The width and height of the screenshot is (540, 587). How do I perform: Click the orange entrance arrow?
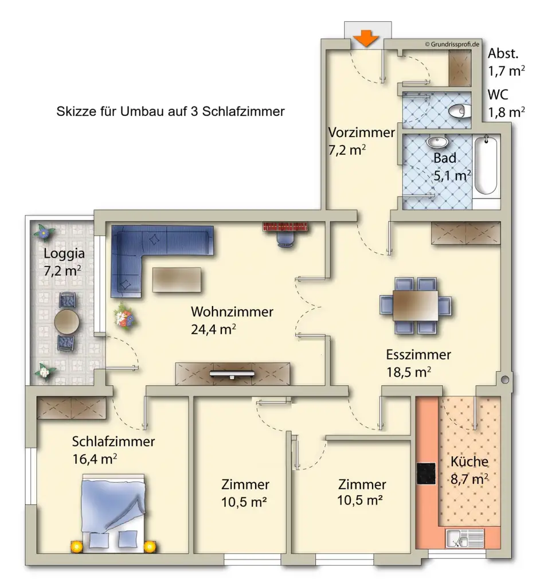366,38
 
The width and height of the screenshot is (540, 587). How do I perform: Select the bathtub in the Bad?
486,166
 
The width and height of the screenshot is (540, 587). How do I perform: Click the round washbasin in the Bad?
437,142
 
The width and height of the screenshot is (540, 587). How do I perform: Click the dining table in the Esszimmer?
415,306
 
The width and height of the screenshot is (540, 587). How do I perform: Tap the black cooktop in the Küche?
426,473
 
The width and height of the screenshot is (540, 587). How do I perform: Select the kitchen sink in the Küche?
465,539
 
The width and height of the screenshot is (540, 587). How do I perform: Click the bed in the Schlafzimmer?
113,513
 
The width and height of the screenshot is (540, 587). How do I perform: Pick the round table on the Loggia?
66,321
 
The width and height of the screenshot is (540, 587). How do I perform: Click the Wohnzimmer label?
232,312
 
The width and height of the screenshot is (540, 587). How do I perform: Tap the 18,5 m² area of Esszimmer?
409,372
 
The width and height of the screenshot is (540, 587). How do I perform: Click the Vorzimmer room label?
361,132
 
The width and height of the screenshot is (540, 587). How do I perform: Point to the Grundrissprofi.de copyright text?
452,44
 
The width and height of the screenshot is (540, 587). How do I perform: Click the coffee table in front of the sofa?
177,280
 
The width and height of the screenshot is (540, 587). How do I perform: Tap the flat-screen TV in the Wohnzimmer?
232,374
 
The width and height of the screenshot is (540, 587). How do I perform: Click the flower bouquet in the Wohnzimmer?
124,316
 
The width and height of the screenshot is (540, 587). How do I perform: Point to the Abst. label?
503,53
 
